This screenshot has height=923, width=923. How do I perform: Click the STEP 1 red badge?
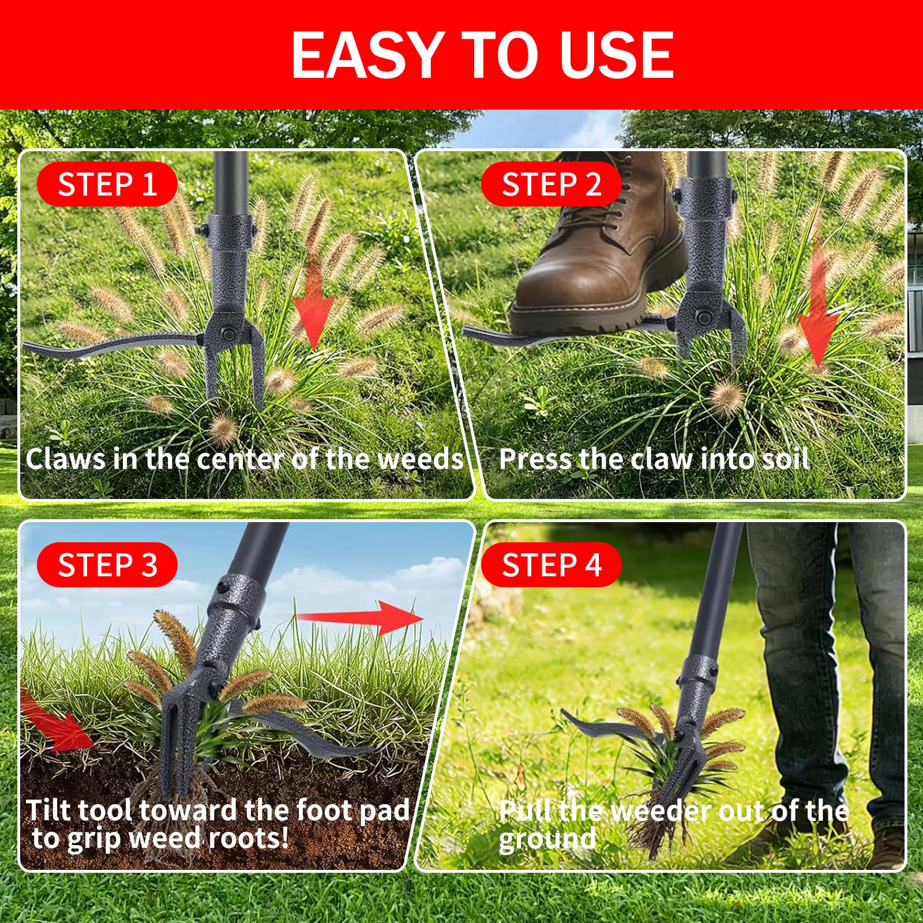(x=107, y=185)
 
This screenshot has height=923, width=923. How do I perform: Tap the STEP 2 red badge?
(x=551, y=185)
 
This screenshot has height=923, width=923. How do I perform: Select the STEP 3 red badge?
(x=107, y=565)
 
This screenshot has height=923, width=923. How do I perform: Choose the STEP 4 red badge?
(x=551, y=565)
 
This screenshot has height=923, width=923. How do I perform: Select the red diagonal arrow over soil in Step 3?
(x=55, y=721)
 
